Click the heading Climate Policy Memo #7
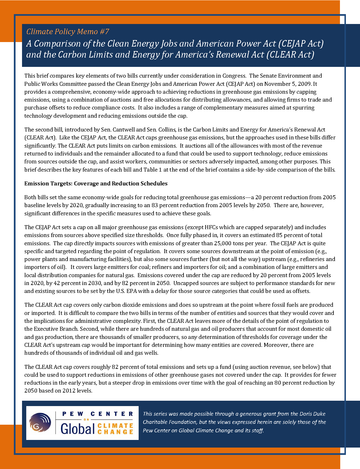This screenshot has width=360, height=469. pyautogui.click(x=68, y=31)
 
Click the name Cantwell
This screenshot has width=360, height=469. pyautogui.click(x=124, y=130)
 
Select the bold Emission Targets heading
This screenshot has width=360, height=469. pyautogui.click(x=96, y=183)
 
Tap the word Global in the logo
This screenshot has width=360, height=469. pyautogui.click(x=77, y=429)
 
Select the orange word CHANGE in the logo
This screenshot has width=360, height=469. pyautogui.click(x=115, y=432)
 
